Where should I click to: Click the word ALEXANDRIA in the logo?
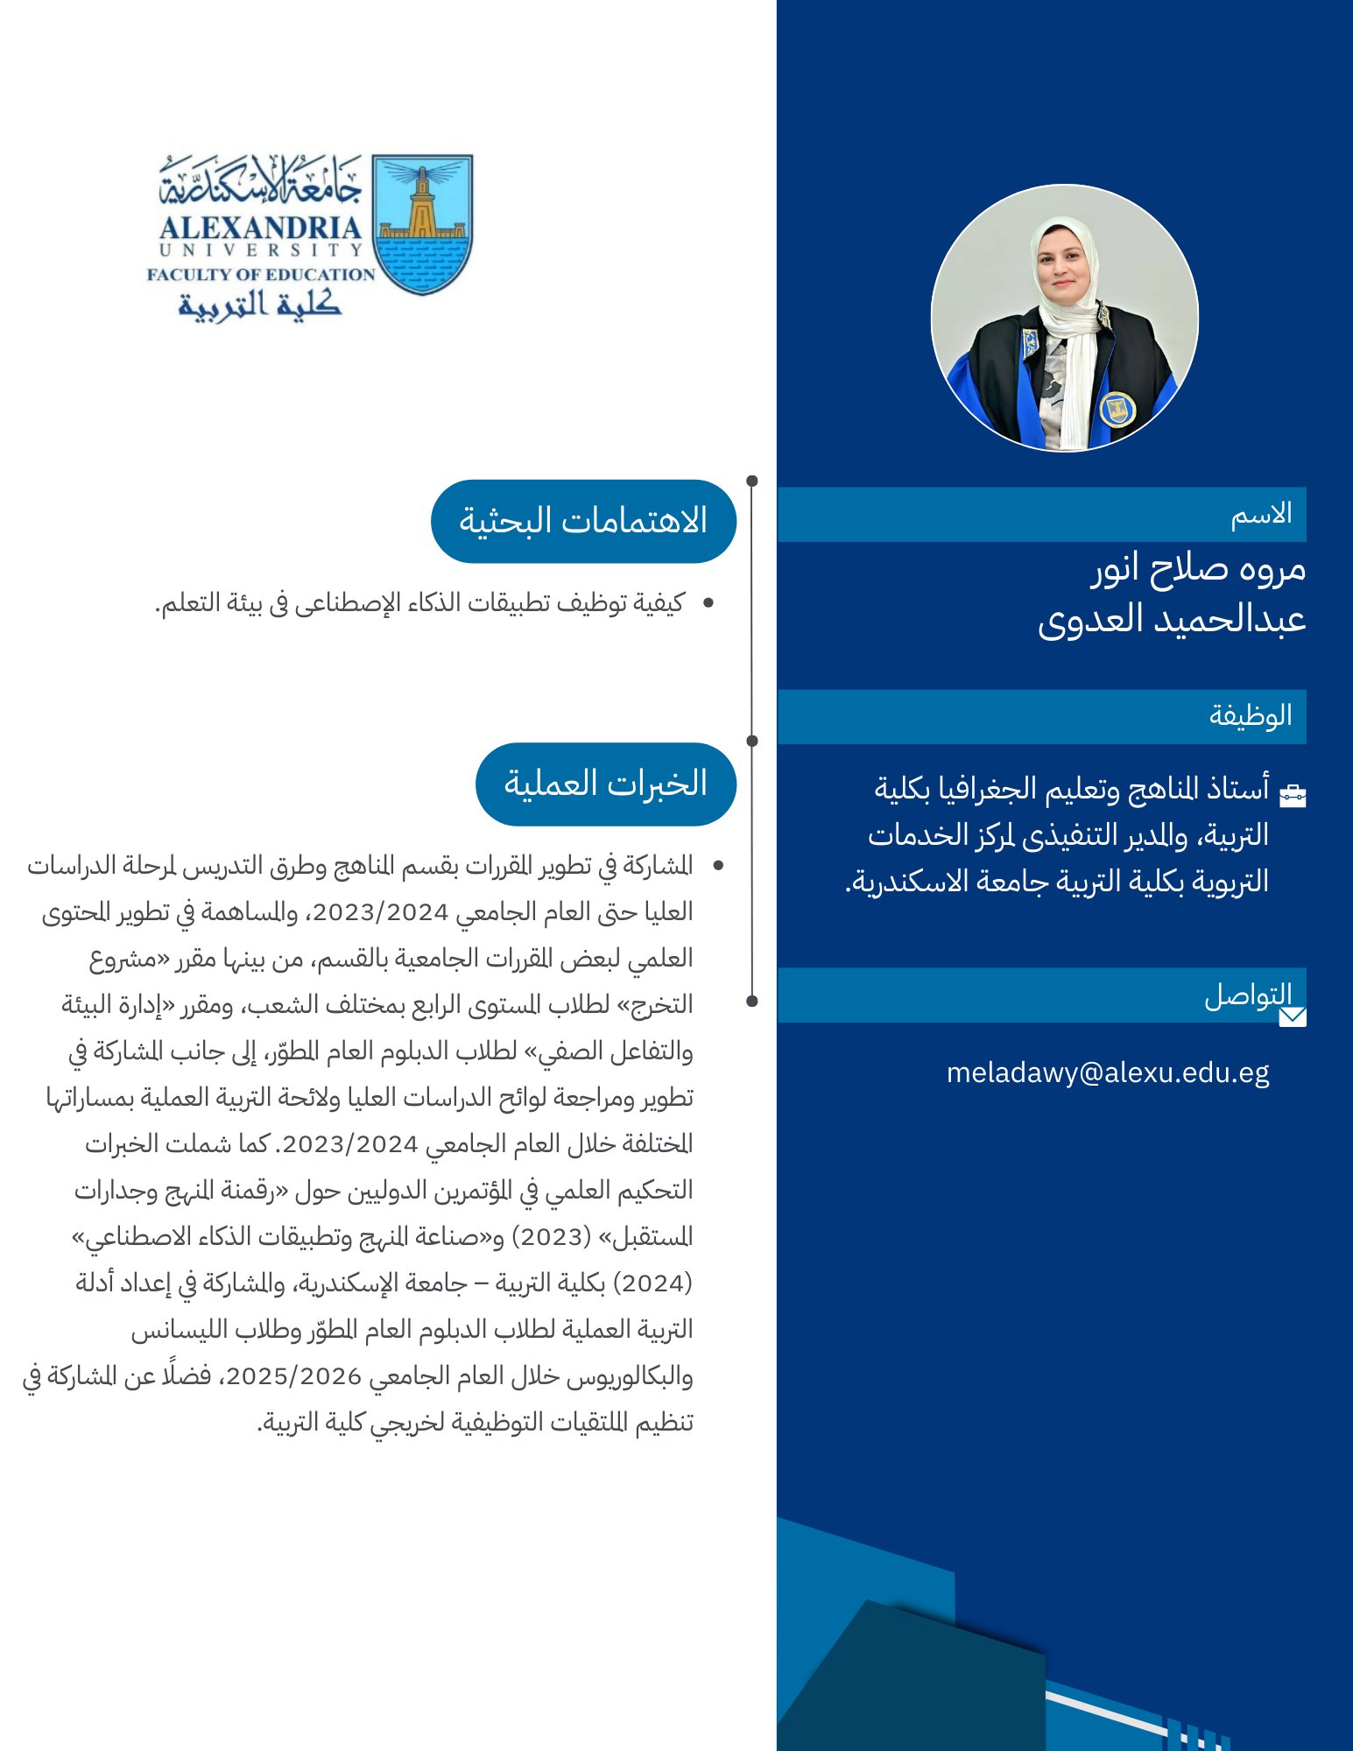tap(260, 229)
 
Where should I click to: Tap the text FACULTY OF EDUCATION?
tap(260, 274)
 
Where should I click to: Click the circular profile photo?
tap(1064, 317)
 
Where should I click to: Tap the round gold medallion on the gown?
tap(1117, 408)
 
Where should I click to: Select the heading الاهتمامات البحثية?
tap(583, 521)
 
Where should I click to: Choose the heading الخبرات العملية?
tap(605, 784)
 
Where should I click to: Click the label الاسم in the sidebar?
tap(1261, 514)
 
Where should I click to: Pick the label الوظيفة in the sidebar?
tap(1251, 715)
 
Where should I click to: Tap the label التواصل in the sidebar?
tap(1248, 995)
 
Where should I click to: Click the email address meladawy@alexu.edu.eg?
tap(1108, 1072)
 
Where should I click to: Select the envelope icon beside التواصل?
tap(1293, 1016)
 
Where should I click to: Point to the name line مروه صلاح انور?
tap(1198, 569)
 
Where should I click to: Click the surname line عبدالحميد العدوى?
tap(1172, 619)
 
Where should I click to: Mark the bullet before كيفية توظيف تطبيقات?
tap(708, 602)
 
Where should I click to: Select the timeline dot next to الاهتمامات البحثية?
tap(752, 481)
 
